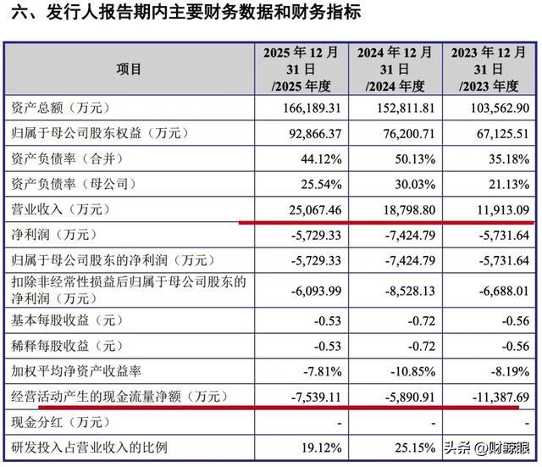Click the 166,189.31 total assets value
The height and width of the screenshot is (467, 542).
(x=312, y=108)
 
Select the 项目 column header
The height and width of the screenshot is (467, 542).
(x=129, y=69)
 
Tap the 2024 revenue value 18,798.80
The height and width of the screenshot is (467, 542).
(x=409, y=210)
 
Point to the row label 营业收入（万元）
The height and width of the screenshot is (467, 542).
(x=61, y=209)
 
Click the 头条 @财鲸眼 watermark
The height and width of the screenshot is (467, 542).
(x=487, y=448)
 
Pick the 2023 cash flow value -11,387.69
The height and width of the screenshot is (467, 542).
(x=501, y=397)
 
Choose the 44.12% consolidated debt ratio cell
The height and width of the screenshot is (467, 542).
(x=321, y=159)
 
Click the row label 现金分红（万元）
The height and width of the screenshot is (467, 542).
(x=61, y=422)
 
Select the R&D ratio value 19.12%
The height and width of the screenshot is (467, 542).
(x=321, y=448)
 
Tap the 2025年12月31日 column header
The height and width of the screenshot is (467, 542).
(x=301, y=69)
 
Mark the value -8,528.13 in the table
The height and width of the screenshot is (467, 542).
(x=410, y=291)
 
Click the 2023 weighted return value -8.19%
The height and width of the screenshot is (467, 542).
(x=510, y=371)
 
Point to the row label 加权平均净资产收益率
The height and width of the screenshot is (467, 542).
(x=76, y=371)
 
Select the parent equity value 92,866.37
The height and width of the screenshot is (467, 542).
(x=315, y=134)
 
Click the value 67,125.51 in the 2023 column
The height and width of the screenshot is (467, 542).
(x=503, y=134)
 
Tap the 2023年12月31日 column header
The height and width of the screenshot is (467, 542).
(x=489, y=69)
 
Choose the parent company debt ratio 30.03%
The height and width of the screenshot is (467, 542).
(x=415, y=185)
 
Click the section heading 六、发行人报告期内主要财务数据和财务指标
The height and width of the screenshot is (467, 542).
(x=186, y=12)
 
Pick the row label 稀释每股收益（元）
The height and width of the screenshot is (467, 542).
(x=68, y=346)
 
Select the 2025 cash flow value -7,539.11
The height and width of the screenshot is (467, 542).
(x=316, y=397)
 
